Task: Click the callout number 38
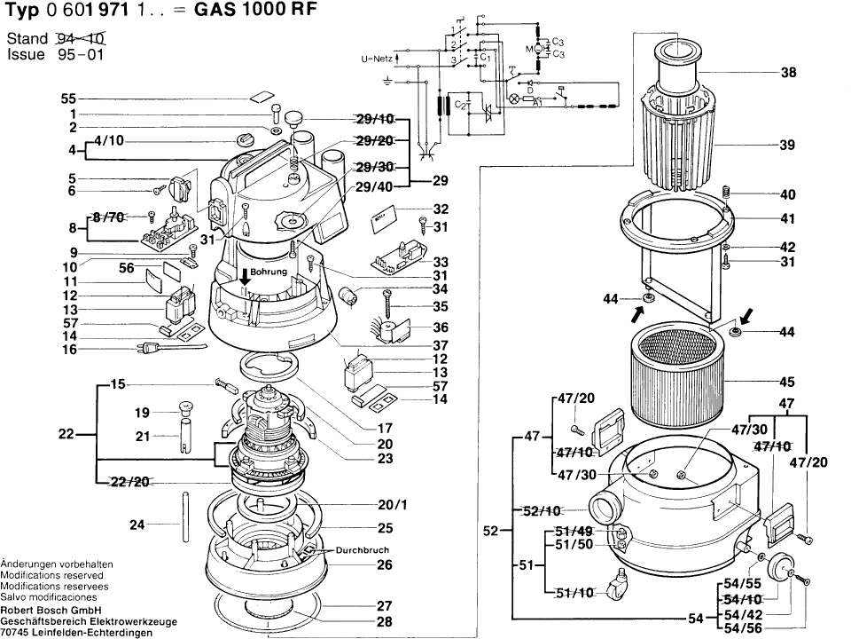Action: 788,75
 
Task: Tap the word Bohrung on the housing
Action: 269,272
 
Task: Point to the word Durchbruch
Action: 362,550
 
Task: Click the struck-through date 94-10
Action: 82,39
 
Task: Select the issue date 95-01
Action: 82,54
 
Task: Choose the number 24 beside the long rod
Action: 137,525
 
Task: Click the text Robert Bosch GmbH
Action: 51,610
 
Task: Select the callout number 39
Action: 788,145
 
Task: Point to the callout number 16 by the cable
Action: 69,351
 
